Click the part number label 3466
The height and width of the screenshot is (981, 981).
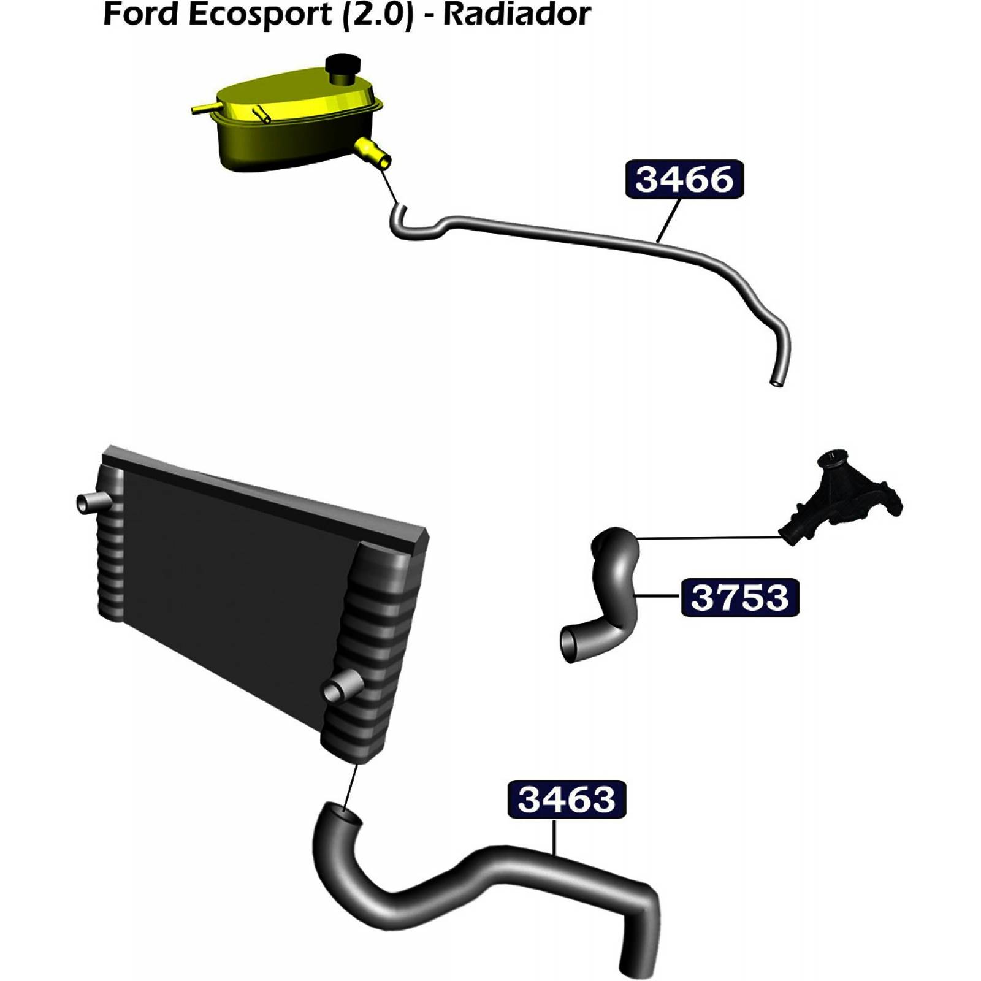(x=684, y=180)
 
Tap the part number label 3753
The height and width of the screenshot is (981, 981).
(x=739, y=597)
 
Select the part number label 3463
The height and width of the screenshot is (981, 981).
(x=567, y=799)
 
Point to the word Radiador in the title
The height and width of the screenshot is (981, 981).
(x=517, y=15)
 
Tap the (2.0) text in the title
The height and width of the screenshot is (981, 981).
(x=376, y=15)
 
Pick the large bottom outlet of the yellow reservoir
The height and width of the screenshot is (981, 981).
(x=373, y=153)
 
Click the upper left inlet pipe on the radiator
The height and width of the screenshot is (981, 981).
(x=91, y=503)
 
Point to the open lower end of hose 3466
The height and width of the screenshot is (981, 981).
(x=776, y=383)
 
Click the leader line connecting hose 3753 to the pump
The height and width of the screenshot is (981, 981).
(x=711, y=538)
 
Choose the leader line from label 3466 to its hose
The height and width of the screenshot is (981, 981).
(x=669, y=219)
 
